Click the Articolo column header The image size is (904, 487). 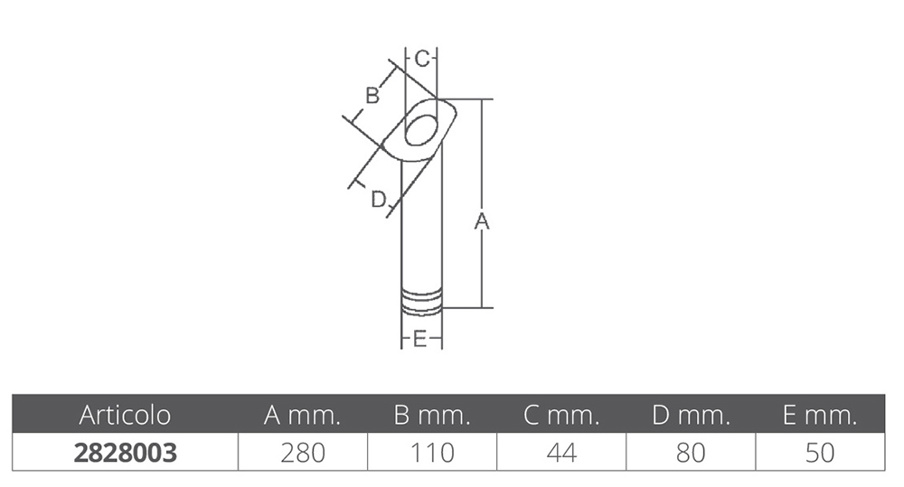coord(125,415)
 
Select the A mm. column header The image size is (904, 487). coord(302,415)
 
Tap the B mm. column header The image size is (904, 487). coord(432,415)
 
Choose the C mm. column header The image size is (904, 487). coord(561,415)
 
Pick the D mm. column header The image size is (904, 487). coord(692,415)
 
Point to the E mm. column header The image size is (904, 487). coord(820,415)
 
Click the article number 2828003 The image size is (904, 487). coord(125,453)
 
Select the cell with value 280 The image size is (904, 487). coord(303,453)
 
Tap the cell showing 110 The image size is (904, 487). coord(432,453)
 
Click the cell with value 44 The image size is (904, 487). coord(561,453)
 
